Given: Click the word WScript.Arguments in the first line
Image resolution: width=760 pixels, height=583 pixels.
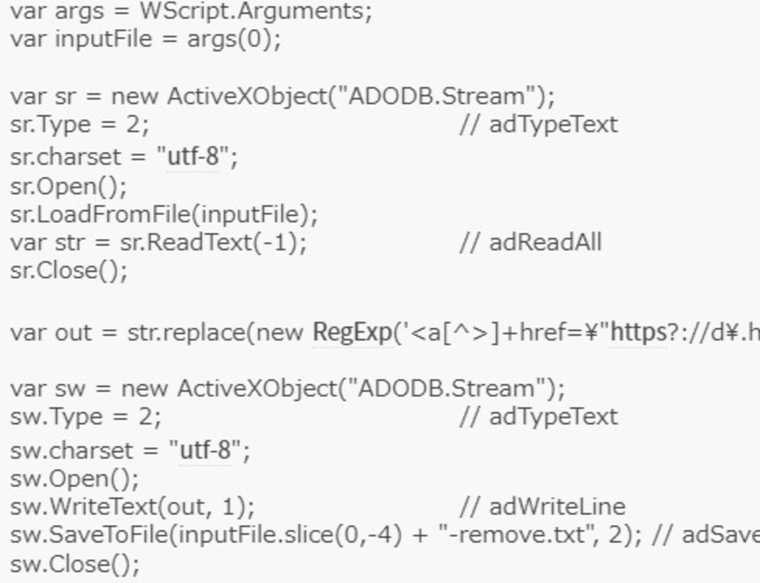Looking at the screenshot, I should point(255,11).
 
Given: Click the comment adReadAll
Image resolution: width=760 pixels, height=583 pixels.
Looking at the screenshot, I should point(545,243).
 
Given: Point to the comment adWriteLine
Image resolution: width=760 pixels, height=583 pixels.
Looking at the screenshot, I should point(557,506).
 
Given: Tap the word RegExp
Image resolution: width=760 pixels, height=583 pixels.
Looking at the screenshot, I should point(353,333).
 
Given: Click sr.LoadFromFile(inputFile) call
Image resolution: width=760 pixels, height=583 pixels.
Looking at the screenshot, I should point(164,215).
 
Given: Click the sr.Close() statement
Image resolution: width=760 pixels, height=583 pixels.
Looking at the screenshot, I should point(68,271).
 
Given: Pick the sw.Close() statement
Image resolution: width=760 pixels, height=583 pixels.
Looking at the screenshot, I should point(74,564).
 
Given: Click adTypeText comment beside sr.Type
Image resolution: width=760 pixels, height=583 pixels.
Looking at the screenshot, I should point(553,125).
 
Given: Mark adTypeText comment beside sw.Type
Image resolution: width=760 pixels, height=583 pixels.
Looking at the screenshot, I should point(553,417).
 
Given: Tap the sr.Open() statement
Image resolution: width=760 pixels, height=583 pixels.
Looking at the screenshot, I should point(68,187).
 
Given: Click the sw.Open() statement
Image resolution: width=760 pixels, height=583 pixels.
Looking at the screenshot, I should point(74,479).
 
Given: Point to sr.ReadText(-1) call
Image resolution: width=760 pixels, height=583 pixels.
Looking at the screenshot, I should point(213,243).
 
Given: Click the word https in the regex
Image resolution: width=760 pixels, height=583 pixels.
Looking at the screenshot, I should point(638,333).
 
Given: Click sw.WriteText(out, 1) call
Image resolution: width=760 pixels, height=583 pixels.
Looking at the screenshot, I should point(132,506).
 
